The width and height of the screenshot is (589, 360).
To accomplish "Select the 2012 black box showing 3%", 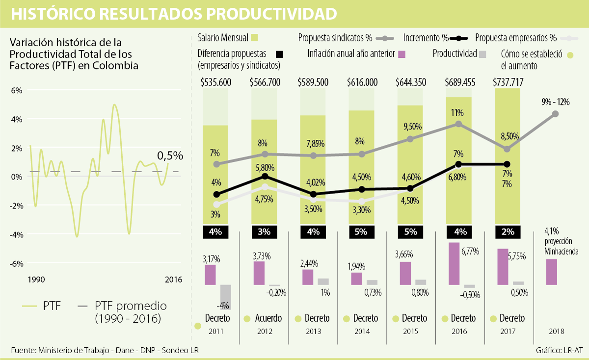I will coord(265,231).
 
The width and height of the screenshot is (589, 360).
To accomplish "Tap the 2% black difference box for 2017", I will coord(507,231).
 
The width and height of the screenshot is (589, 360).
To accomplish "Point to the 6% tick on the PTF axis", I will coord(17,90).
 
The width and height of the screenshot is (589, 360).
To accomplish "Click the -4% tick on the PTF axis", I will coord(17,234).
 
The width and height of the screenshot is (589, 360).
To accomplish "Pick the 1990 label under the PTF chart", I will coord(36,280).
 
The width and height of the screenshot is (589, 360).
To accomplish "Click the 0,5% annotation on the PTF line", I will coord(170,156).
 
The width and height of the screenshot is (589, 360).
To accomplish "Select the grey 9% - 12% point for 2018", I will coord(555,114).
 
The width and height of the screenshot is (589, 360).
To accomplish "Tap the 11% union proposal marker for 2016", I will coord(458,124).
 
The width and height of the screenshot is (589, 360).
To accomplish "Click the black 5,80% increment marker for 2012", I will coord(265,177).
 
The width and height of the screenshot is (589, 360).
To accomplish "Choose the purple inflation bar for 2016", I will coord(454,263).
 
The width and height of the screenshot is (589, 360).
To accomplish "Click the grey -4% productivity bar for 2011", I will coord(225,297).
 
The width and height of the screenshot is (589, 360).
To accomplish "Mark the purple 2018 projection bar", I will coord(552,272).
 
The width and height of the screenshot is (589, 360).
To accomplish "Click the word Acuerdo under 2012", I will coord(268,318).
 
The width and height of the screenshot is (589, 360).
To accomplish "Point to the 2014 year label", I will coord(362,332).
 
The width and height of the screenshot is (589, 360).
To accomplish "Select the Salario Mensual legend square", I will coord(254,38).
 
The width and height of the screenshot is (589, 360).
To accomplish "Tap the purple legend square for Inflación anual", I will coord(401,54).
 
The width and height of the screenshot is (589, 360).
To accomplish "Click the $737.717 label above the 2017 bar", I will coord(507,82).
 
